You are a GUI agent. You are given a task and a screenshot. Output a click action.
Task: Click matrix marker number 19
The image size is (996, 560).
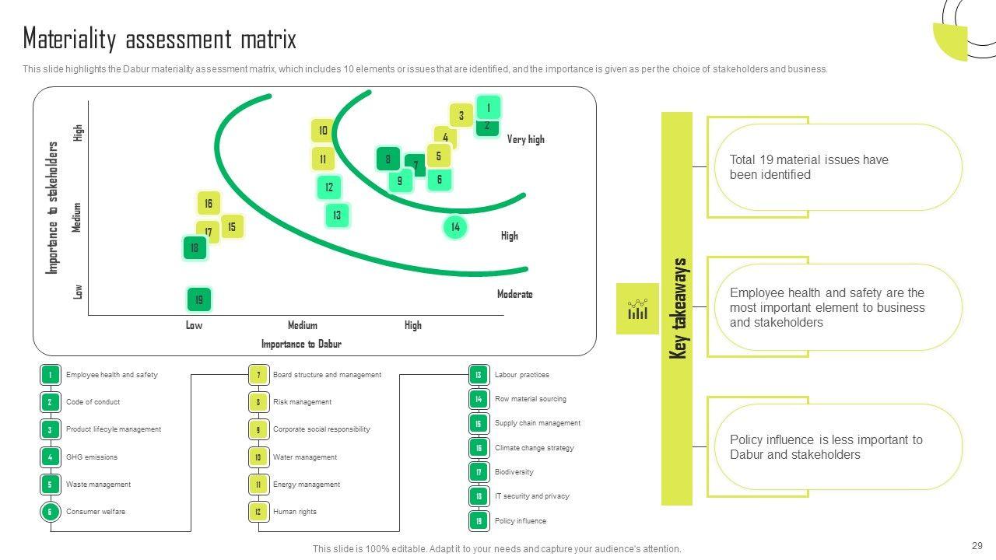[x=199, y=299]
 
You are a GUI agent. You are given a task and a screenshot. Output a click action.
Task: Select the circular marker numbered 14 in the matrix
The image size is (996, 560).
[x=455, y=227]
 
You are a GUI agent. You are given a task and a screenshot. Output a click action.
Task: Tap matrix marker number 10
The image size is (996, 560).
[x=323, y=131]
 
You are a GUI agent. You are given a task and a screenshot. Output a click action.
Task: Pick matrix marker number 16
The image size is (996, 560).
[x=209, y=204]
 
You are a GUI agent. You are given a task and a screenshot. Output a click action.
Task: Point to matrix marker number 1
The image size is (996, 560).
[x=488, y=107]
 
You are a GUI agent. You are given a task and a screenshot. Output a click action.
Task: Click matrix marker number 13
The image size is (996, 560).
[x=337, y=215]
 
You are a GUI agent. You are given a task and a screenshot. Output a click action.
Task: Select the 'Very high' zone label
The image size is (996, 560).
[x=525, y=139]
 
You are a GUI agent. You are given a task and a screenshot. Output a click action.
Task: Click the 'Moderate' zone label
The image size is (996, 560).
[x=514, y=294]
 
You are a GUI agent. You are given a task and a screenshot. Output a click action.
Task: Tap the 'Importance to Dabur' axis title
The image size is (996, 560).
[x=301, y=344]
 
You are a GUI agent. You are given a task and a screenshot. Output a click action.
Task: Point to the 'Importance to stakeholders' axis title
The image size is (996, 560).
[x=53, y=207]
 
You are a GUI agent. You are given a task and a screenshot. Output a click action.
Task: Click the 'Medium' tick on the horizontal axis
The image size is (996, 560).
[x=303, y=325]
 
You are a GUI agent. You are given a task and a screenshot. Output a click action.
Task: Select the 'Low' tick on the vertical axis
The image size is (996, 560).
[x=78, y=291]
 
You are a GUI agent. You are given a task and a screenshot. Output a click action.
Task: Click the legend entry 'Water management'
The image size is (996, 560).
[x=304, y=457]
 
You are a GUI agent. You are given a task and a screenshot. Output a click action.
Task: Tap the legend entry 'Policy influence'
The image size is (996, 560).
[x=520, y=521]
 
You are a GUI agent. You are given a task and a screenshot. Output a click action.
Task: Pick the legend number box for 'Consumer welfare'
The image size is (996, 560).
[x=50, y=512]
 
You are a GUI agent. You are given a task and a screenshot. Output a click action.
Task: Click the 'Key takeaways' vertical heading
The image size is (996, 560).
[x=678, y=309]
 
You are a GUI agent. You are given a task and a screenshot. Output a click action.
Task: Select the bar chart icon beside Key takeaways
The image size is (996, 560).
[x=637, y=309]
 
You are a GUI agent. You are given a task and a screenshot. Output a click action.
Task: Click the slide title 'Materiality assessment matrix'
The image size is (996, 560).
[x=160, y=39]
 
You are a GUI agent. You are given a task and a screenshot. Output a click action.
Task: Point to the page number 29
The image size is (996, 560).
[x=977, y=546]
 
